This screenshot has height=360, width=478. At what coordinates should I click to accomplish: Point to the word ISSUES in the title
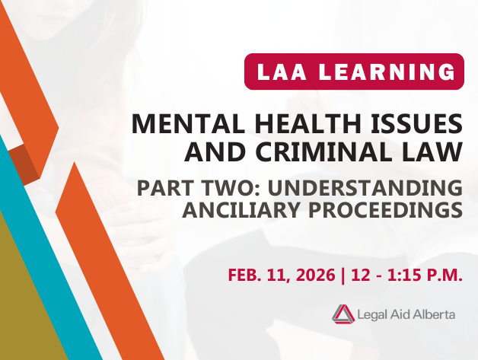click(x=415, y=122)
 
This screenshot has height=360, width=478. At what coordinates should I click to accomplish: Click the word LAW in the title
click(x=434, y=151)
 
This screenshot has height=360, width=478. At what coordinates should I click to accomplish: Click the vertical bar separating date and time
click(x=344, y=274)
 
